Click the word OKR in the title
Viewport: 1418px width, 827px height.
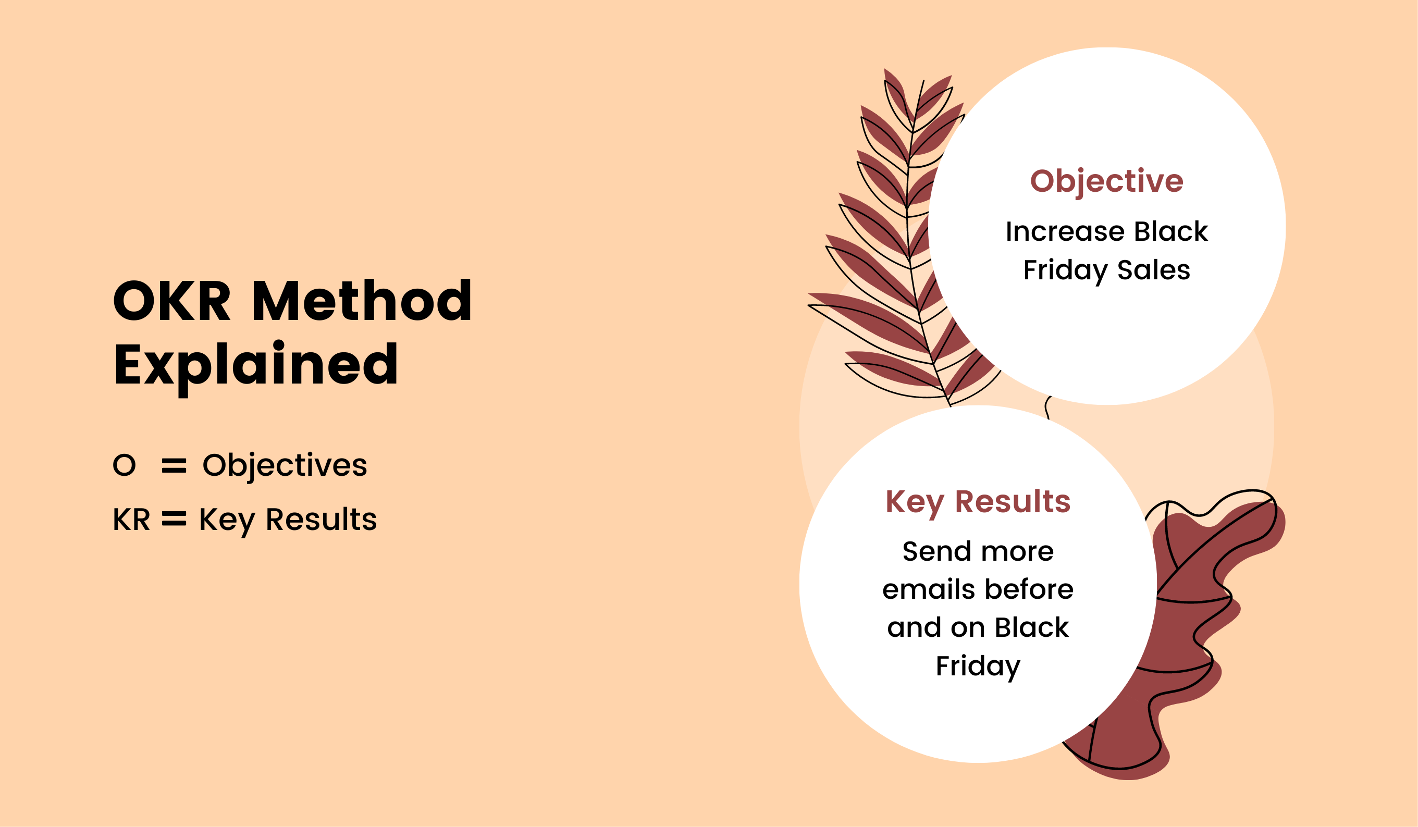pyautogui.click(x=172, y=301)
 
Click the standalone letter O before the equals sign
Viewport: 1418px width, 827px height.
pyautogui.click(x=125, y=465)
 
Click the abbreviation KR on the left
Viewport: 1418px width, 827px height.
pyautogui.click(x=131, y=519)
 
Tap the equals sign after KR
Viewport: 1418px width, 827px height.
pyautogui.click(x=174, y=519)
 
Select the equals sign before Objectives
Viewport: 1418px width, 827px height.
pyautogui.click(x=174, y=466)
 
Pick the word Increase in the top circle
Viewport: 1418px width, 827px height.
pyautogui.click(x=1065, y=231)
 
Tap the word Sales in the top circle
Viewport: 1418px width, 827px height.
pyautogui.click(x=1154, y=270)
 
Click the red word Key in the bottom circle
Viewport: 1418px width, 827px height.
pyautogui.click(x=915, y=503)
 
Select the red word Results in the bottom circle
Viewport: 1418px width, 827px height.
pyautogui.click(x=1013, y=501)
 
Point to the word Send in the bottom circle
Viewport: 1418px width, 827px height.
pyautogui.click(x=936, y=551)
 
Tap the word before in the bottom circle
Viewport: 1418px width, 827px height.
pyautogui.click(x=1030, y=589)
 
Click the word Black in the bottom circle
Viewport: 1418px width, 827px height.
pyautogui.click(x=1032, y=627)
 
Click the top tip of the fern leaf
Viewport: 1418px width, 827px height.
pyautogui.click(x=885, y=69)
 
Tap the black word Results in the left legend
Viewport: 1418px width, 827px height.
pyautogui.click(x=322, y=519)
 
